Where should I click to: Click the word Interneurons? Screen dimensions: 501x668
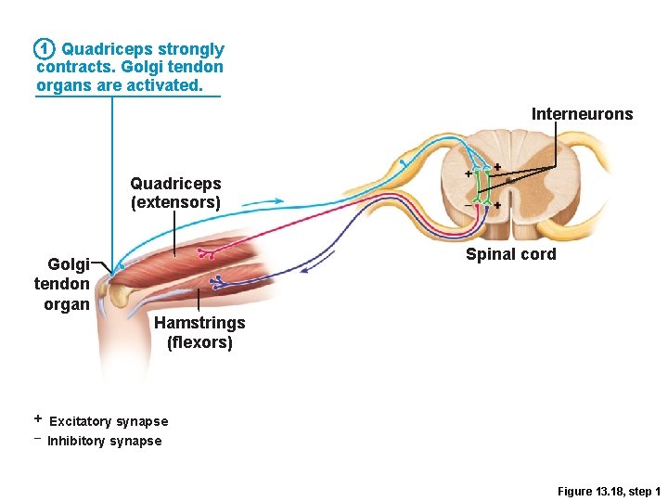tap(582, 114)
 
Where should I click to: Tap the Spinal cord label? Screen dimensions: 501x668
tap(510, 254)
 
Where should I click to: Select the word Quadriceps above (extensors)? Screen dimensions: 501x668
tap(175, 184)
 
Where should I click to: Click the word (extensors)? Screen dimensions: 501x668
tap(175, 202)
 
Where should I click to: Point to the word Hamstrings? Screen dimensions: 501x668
tap(199, 323)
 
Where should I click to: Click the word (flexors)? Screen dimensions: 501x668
tap(199, 342)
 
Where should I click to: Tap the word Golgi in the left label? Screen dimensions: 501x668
tap(69, 264)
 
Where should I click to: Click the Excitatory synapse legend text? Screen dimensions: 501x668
tap(109, 422)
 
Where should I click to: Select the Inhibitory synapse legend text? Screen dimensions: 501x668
tap(104, 442)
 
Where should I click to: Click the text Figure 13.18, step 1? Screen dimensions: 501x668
tap(609, 491)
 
